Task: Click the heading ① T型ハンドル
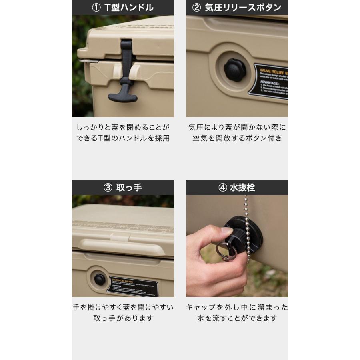pyautogui.click(x=123, y=8)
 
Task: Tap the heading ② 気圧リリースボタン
pyautogui.click(x=237, y=8)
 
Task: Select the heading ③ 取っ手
pyautogui.click(x=123, y=188)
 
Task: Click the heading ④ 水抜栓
pyautogui.click(x=237, y=188)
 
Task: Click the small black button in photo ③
pyautogui.click(x=99, y=279)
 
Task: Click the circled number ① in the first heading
pyautogui.click(x=96, y=8)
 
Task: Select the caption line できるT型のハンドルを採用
pyautogui.click(x=123, y=138)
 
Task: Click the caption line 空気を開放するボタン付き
pyautogui.click(x=237, y=138)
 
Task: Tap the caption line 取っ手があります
pyautogui.click(x=123, y=318)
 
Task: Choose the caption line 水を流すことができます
pyautogui.click(x=237, y=318)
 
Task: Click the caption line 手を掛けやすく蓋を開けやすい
pyautogui.click(x=123, y=308)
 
